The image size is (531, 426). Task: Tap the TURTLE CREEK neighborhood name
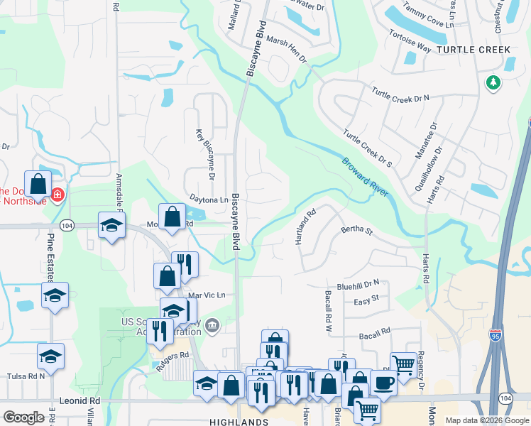(x=474, y=50)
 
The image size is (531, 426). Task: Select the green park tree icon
(x=493, y=84)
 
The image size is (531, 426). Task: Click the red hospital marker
(x=57, y=193)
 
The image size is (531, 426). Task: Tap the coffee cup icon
(x=383, y=382)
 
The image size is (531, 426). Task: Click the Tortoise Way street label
(x=410, y=40)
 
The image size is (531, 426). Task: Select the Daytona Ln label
(x=209, y=200)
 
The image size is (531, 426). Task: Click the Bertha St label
(x=356, y=230)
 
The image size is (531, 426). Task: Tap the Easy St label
(x=366, y=300)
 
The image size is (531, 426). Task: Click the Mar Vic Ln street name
(x=207, y=295)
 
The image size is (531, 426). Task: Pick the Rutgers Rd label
(x=173, y=355)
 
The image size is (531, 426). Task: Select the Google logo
(x=24, y=417)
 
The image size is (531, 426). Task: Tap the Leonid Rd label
(x=80, y=400)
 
